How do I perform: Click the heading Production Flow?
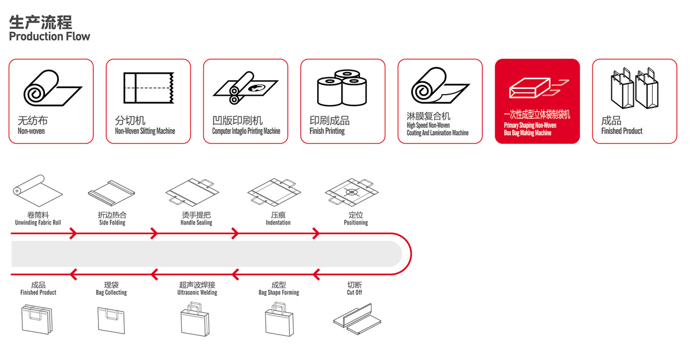tap(50, 36)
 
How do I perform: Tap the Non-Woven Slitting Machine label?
tap(145, 132)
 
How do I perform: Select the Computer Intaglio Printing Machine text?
tap(246, 132)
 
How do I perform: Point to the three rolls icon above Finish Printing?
tap(342, 88)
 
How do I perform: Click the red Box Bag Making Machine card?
tap(537, 101)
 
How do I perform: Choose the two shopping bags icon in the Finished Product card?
tap(634, 88)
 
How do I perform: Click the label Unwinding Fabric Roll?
tap(38, 223)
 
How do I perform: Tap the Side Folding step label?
tap(112, 223)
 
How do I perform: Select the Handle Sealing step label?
tap(196, 223)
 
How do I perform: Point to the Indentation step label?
tap(278, 223)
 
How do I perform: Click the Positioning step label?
tap(356, 223)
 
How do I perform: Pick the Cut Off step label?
tap(355, 292)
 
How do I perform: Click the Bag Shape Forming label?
tap(279, 292)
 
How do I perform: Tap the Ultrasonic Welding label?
tap(197, 292)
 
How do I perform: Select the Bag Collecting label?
tap(111, 292)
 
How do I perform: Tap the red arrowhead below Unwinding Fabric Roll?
tap(73, 234)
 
